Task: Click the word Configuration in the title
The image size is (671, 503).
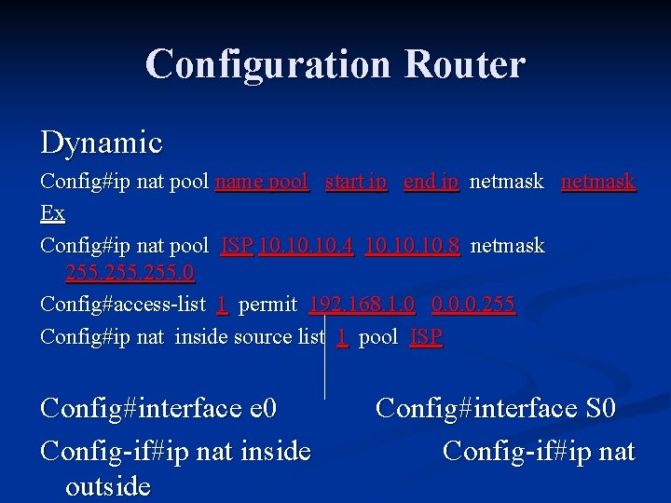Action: pyautogui.click(x=268, y=64)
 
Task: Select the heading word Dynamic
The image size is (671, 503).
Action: pyautogui.click(x=102, y=143)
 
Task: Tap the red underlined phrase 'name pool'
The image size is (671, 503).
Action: pyautogui.click(x=262, y=182)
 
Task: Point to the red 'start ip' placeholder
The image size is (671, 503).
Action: pyautogui.click(x=356, y=182)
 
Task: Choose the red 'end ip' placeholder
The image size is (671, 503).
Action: pyautogui.click(x=431, y=182)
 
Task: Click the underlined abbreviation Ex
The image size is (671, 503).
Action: pyautogui.click(x=53, y=213)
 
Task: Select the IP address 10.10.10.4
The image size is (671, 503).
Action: pyautogui.click(x=306, y=246)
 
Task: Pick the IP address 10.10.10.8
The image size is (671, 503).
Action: pyautogui.click(x=412, y=246)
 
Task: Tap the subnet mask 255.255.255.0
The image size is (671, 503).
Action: pyautogui.click(x=130, y=273)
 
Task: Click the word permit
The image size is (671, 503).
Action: pyautogui.click(x=267, y=305)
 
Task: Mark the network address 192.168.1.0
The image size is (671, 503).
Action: pyautogui.click(x=362, y=305)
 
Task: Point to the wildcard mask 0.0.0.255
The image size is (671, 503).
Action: pyautogui.click(x=472, y=305)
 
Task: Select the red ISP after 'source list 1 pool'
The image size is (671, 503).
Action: pyautogui.click(x=426, y=336)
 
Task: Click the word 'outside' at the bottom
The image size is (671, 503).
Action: pyautogui.click(x=108, y=487)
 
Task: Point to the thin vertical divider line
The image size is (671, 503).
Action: pyautogui.click(x=324, y=363)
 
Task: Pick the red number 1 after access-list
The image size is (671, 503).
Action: pyautogui.click(x=222, y=305)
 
